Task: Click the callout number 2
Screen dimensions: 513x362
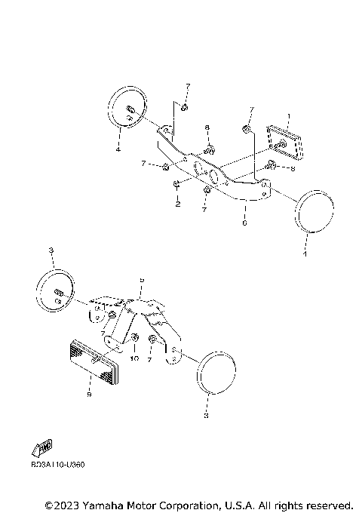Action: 177,204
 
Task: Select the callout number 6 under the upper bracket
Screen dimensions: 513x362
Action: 244,223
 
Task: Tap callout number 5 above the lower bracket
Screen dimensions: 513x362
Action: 140,278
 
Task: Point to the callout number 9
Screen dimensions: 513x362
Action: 89,394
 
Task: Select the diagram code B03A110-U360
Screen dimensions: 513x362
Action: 58,464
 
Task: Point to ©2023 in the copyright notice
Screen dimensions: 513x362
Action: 65,504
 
